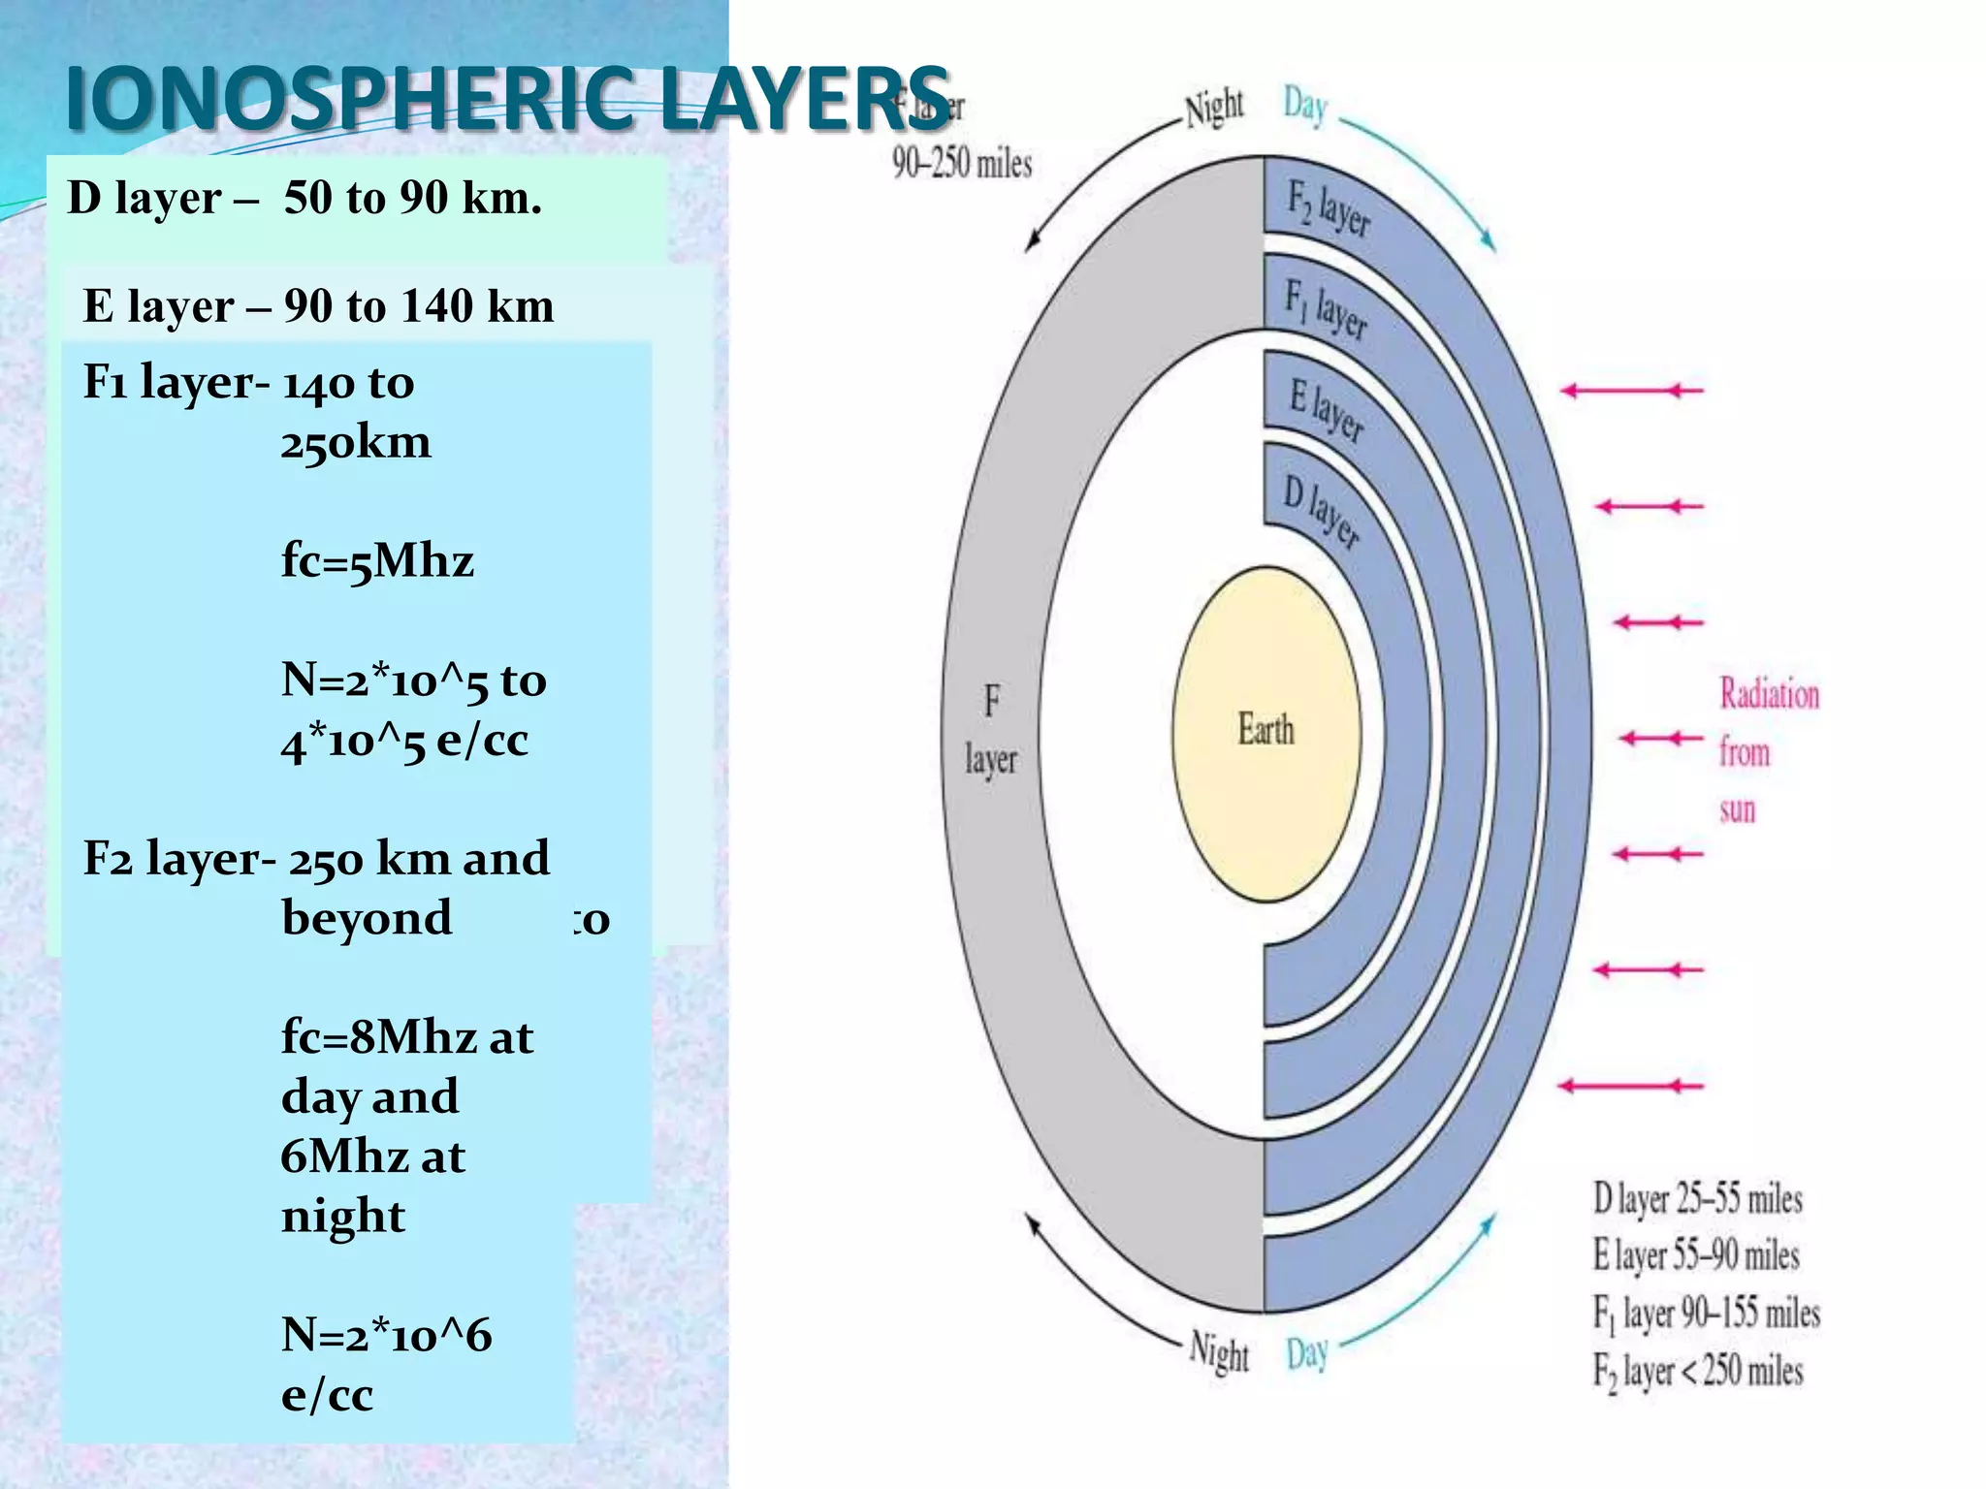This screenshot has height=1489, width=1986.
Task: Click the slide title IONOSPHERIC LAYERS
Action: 507,99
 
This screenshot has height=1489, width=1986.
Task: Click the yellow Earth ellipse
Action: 1265,733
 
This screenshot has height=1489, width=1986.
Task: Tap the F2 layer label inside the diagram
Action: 1328,207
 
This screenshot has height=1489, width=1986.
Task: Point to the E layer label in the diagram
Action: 1326,410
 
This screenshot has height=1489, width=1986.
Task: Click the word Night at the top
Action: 1214,107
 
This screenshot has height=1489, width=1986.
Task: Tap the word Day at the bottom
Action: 1306,1353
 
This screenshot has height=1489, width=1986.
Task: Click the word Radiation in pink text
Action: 1769,694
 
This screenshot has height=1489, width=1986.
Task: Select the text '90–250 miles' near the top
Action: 961,163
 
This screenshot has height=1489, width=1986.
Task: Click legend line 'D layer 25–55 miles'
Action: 1697,1199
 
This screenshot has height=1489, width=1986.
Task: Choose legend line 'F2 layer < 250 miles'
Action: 1697,1371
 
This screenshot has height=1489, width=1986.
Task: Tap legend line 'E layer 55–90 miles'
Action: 1695,1255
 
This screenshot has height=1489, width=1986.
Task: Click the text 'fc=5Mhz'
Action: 377,560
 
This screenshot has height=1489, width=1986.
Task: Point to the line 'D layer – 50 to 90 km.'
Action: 304,198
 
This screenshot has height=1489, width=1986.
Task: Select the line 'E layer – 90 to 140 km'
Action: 318,306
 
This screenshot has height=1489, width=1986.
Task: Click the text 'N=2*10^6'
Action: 386,1335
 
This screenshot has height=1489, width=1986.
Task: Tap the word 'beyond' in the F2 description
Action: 367,917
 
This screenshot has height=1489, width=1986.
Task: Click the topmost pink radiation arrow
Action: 1631,391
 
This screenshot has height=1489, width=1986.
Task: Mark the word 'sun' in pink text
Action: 1737,809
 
